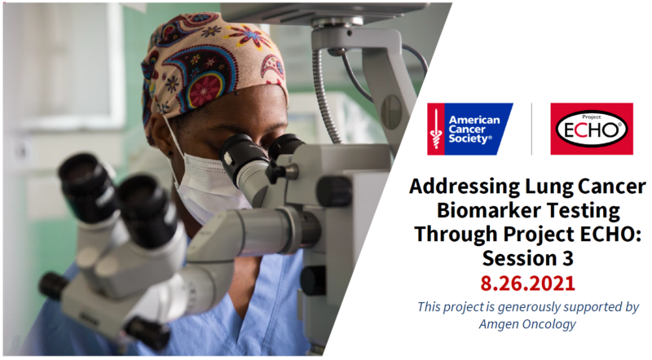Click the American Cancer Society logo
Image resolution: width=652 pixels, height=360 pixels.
[x=470, y=130]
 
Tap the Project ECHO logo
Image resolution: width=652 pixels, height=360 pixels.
[x=592, y=129]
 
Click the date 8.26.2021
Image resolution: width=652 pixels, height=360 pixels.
[x=527, y=283]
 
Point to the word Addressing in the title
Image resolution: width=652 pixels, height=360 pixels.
[x=465, y=187]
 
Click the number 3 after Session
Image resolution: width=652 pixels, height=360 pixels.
[x=568, y=258]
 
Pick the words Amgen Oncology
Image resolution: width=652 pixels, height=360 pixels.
[x=527, y=324]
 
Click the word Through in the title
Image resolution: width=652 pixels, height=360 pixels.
[x=456, y=235]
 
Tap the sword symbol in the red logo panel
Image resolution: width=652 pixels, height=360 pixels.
[x=436, y=130]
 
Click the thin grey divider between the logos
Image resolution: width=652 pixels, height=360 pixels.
[x=532, y=130]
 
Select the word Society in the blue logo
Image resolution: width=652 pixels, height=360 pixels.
[x=469, y=138]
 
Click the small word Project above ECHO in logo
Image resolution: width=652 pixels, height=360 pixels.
[x=592, y=116]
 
